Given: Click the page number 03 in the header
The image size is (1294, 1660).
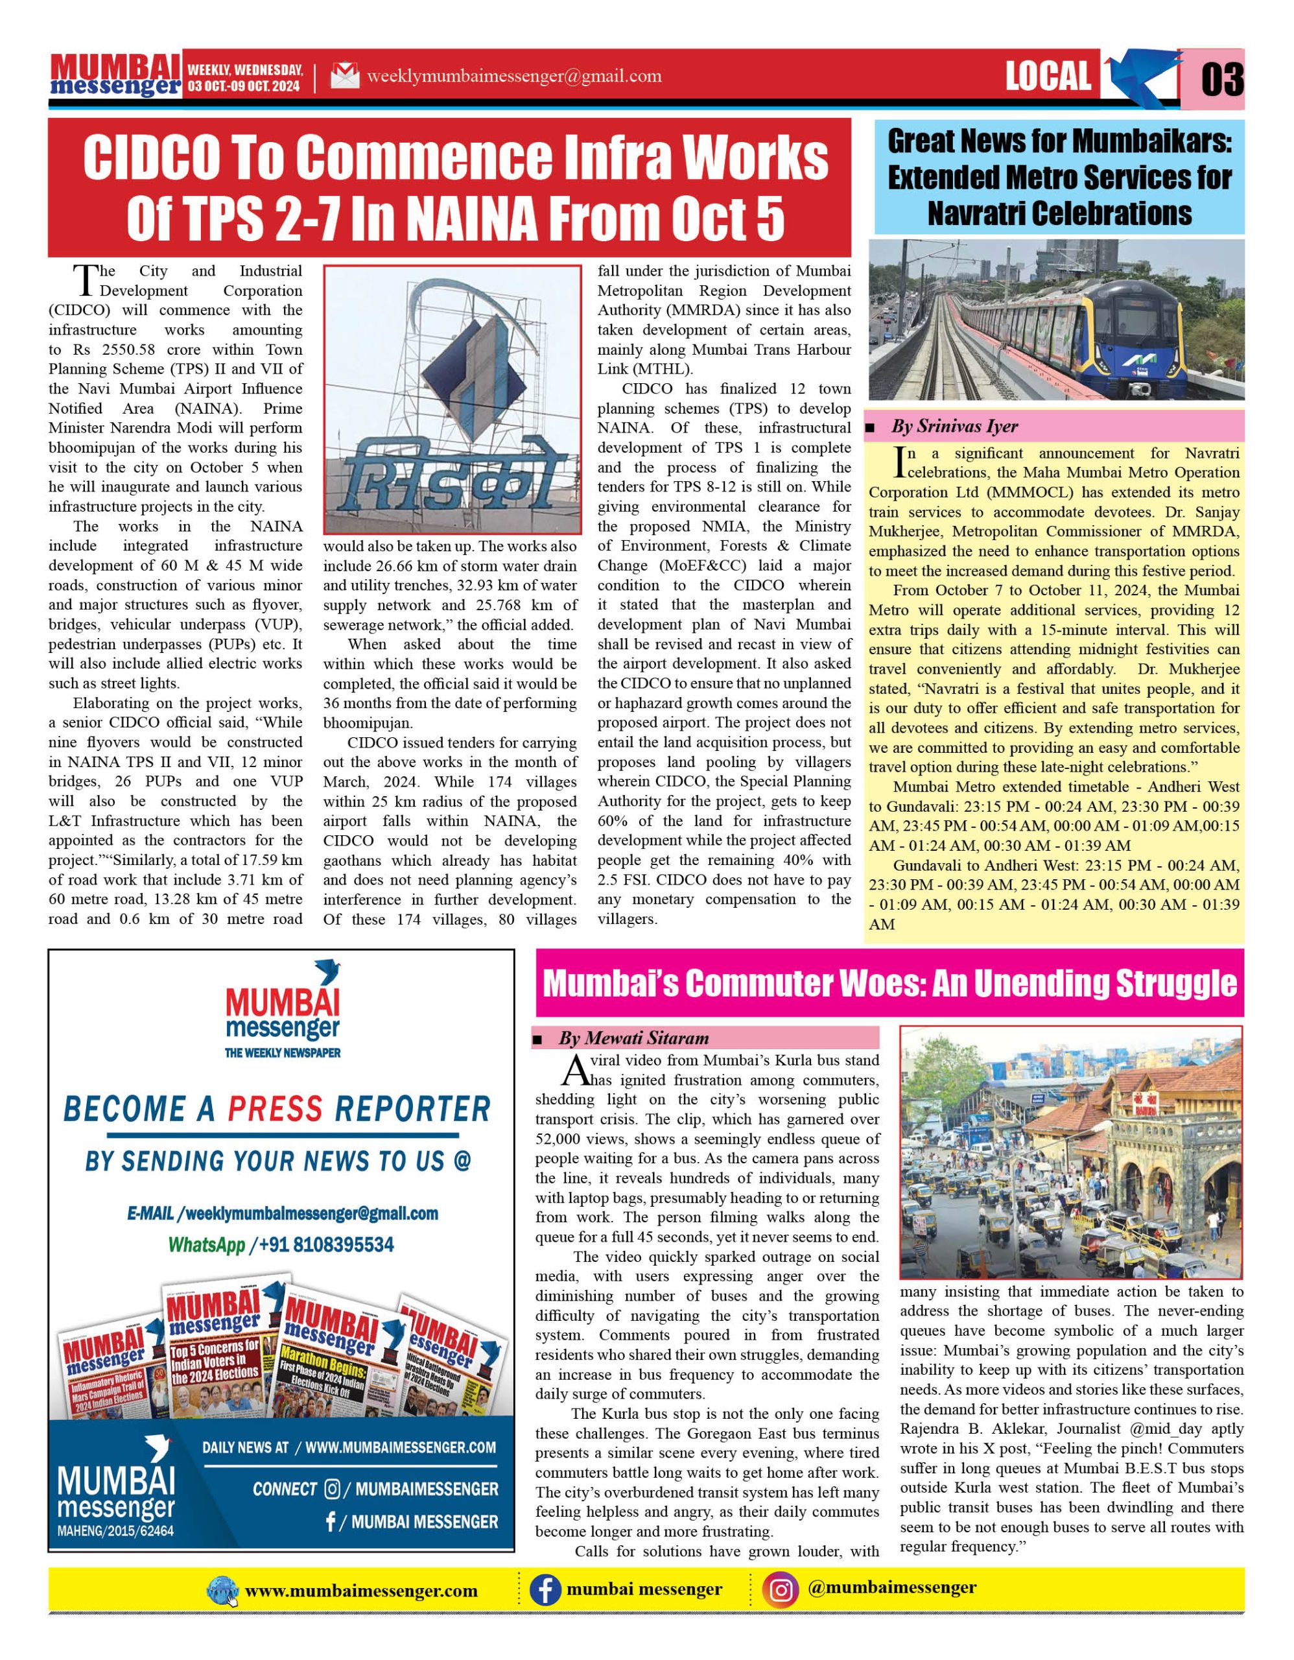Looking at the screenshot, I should click(x=1222, y=78).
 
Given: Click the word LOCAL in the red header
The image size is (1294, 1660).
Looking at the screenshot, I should click(x=1048, y=76).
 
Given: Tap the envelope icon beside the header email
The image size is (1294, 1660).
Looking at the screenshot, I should click(x=345, y=76).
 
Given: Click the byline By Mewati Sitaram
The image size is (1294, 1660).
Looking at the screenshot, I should click(x=633, y=1037).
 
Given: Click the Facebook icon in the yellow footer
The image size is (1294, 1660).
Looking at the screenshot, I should click(x=545, y=1589).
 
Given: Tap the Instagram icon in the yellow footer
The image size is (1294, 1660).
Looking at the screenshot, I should click(x=782, y=1589).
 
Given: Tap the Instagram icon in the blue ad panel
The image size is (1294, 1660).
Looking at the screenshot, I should click(x=331, y=1488).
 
